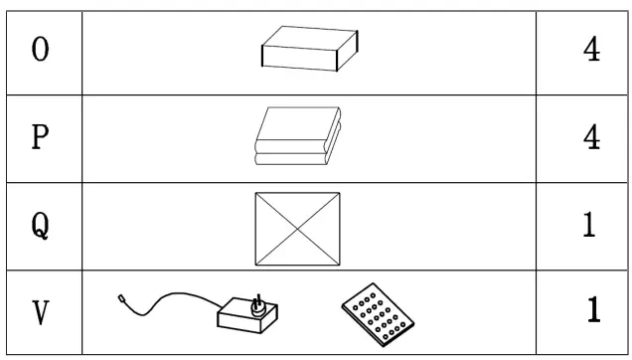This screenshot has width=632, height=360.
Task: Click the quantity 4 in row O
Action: click(591, 51)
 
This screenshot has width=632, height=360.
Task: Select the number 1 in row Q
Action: click(589, 226)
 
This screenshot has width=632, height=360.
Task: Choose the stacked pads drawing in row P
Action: click(297, 137)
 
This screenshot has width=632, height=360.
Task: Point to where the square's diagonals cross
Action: click(297, 229)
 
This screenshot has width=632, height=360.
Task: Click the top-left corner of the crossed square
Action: click(256, 193)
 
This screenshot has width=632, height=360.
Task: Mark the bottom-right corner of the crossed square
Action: click(339, 266)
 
